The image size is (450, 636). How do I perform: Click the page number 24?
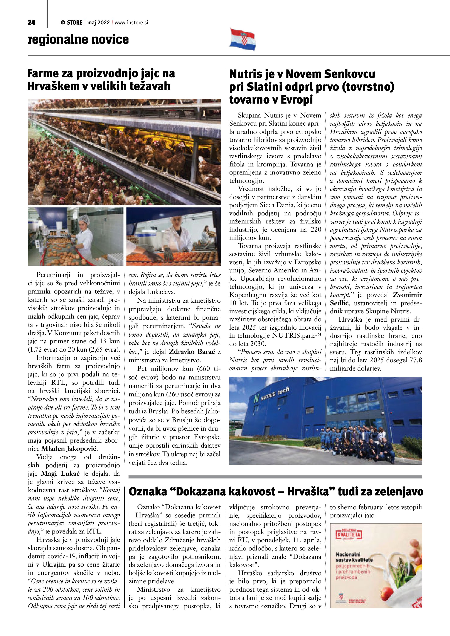click(31, 23)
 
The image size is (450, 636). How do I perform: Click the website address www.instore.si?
click(131, 23)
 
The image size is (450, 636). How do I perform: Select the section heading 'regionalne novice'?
click(78, 39)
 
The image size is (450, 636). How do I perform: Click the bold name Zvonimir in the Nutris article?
click(407, 295)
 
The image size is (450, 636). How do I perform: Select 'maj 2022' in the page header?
click(98, 23)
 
